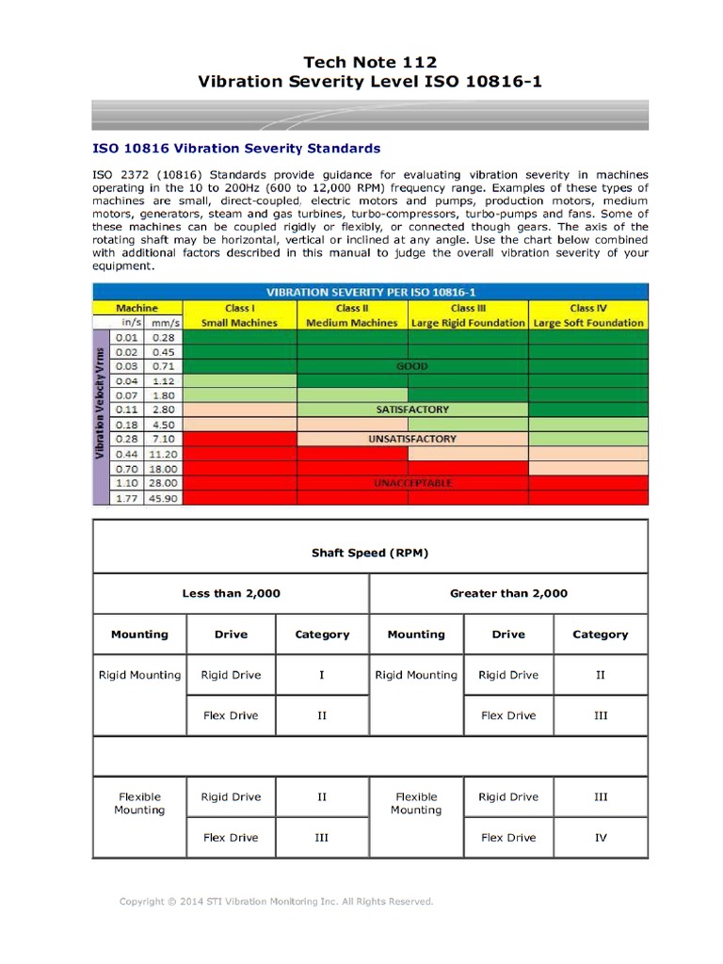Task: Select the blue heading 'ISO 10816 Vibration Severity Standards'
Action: pyautogui.click(x=236, y=149)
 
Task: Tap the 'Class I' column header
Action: pyautogui.click(x=240, y=308)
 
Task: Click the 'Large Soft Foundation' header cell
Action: pyautogui.click(x=588, y=323)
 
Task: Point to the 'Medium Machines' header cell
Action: pyautogui.click(x=352, y=323)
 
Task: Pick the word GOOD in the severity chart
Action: pyautogui.click(x=412, y=366)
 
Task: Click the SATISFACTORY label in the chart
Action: pyautogui.click(x=412, y=410)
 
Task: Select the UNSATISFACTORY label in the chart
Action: pyautogui.click(x=412, y=440)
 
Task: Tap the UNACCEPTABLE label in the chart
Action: pyautogui.click(x=412, y=483)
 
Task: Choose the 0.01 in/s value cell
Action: pyautogui.click(x=125, y=337)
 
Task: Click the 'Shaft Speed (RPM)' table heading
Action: pyautogui.click(x=370, y=553)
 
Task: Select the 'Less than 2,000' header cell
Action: pyautogui.click(x=231, y=594)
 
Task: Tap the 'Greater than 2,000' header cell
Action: pyautogui.click(x=508, y=594)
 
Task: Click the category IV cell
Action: pyautogui.click(x=601, y=838)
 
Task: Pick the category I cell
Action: pyautogui.click(x=322, y=675)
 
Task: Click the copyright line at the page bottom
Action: pyautogui.click(x=276, y=902)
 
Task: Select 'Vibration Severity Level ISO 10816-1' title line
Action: pyautogui.click(x=370, y=83)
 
